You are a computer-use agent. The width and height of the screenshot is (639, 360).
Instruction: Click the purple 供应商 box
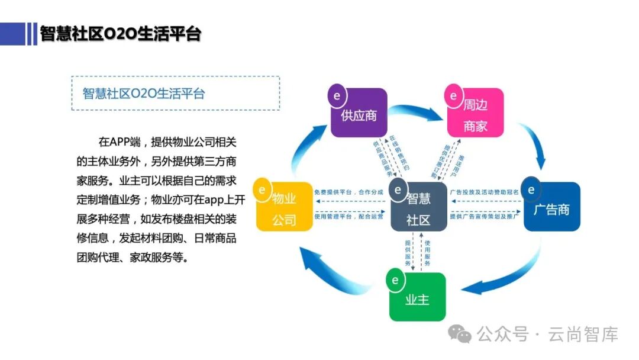point(359,113)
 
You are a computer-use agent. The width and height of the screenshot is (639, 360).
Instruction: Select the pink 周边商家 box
point(475,113)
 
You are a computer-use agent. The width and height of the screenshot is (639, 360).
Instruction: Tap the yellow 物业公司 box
point(284,207)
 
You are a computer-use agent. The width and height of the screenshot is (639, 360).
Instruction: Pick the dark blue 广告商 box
point(551,207)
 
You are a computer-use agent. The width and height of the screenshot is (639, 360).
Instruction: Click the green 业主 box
point(417,297)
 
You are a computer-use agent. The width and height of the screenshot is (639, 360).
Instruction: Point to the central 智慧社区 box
point(418,207)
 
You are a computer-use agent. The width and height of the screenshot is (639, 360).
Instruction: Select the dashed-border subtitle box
point(175,93)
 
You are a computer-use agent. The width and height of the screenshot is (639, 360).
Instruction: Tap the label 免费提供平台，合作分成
point(348,192)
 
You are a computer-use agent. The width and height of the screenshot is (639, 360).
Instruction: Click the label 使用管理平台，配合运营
point(348,217)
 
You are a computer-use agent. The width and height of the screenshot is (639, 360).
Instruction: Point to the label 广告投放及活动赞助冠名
point(485,192)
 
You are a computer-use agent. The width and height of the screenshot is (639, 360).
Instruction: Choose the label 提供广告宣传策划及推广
point(485,217)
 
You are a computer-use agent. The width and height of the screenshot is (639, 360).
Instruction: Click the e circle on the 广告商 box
point(531,190)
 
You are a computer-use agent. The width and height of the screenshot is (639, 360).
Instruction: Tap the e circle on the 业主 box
point(395,281)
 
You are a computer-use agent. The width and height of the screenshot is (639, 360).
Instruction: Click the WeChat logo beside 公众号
point(460,335)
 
